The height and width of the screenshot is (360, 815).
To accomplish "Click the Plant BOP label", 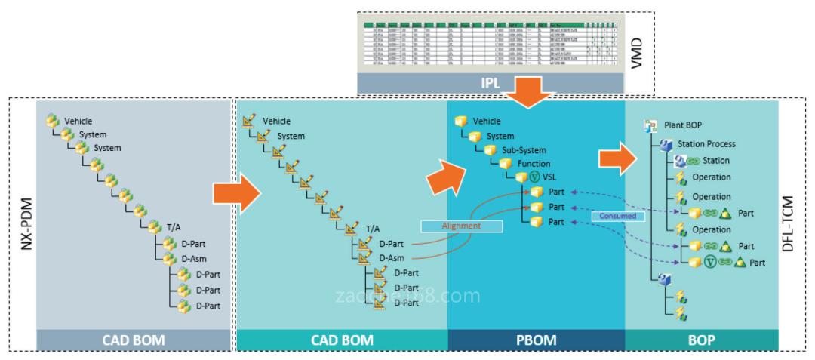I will tap(684, 126).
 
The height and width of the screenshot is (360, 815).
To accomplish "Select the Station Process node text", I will tap(706, 143).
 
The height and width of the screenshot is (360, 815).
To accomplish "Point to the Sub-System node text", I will tap(523, 149).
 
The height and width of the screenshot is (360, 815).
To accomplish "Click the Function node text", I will tap(534, 163).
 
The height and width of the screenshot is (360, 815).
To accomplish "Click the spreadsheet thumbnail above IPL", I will tap(489, 46).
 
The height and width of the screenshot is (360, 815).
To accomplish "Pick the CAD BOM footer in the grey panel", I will tap(133, 340).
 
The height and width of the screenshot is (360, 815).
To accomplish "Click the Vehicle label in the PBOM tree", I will tap(487, 121).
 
